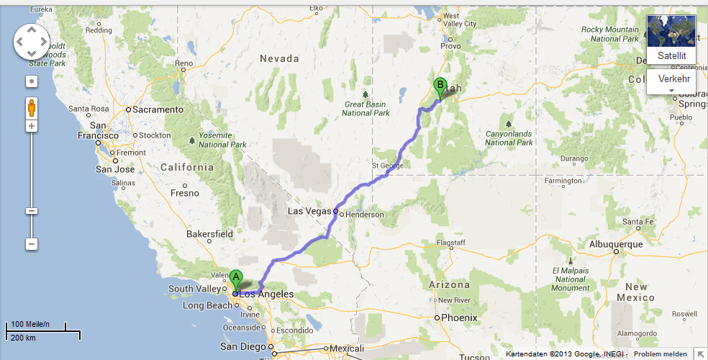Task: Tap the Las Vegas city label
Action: tap(310, 211)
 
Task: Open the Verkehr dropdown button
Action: tap(671, 81)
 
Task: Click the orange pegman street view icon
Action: tap(32, 108)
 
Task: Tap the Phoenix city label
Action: tap(459, 318)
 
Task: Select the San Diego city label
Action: tap(238, 346)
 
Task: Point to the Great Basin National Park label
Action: tap(366, 108)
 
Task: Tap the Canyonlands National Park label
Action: tap(509, 138)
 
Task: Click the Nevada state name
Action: tap(278, 58)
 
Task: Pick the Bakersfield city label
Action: tap(209, 234)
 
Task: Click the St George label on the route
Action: tap(387, 166)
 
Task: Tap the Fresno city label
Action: tap(185, 193)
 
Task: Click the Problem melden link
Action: tap(661, 354)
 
